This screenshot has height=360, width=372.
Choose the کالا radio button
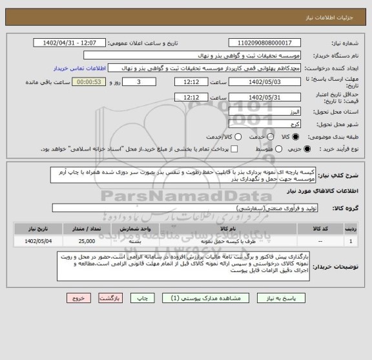click(x=296, y=137)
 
